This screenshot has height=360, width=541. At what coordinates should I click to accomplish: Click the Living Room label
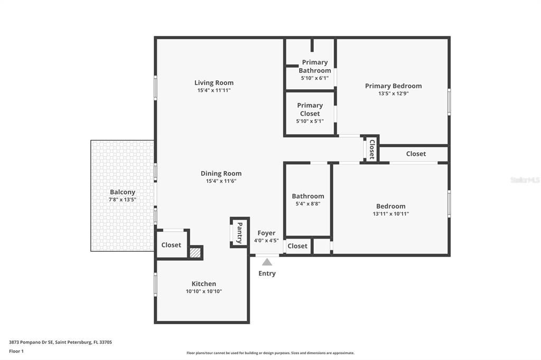click(214, 83)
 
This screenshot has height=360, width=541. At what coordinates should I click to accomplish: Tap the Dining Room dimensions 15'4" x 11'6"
click(221, 181)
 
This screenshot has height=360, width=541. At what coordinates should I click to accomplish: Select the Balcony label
click(123, 192)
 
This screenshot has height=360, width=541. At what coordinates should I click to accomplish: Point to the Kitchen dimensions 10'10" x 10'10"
click(204, 291)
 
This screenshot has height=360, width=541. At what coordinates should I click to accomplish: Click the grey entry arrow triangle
click(267, 262)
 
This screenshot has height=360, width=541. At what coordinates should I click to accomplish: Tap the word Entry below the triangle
click(267, 273)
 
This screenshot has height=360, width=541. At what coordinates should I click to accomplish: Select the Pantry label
click(239, 233)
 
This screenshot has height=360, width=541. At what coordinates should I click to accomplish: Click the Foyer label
click(266, 233)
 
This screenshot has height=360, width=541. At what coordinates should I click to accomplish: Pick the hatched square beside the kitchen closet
click(195, 252)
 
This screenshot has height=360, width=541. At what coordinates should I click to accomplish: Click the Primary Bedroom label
click(393, 86)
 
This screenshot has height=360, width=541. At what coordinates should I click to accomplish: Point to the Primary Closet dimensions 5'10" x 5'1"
click(310, 121)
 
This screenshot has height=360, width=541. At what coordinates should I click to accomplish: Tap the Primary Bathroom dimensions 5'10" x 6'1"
click(315, 78)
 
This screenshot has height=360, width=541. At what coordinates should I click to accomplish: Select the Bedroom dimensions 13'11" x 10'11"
click(391, 214)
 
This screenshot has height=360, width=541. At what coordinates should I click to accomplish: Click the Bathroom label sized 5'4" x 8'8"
click(308, 196)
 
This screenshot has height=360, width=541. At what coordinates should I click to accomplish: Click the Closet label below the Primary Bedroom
click(416, 154)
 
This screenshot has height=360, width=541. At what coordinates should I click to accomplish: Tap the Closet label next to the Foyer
click(297, 246)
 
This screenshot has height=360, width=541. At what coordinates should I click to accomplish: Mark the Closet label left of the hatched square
click(171, 245)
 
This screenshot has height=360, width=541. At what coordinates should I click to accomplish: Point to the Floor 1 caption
click(16, 352)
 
